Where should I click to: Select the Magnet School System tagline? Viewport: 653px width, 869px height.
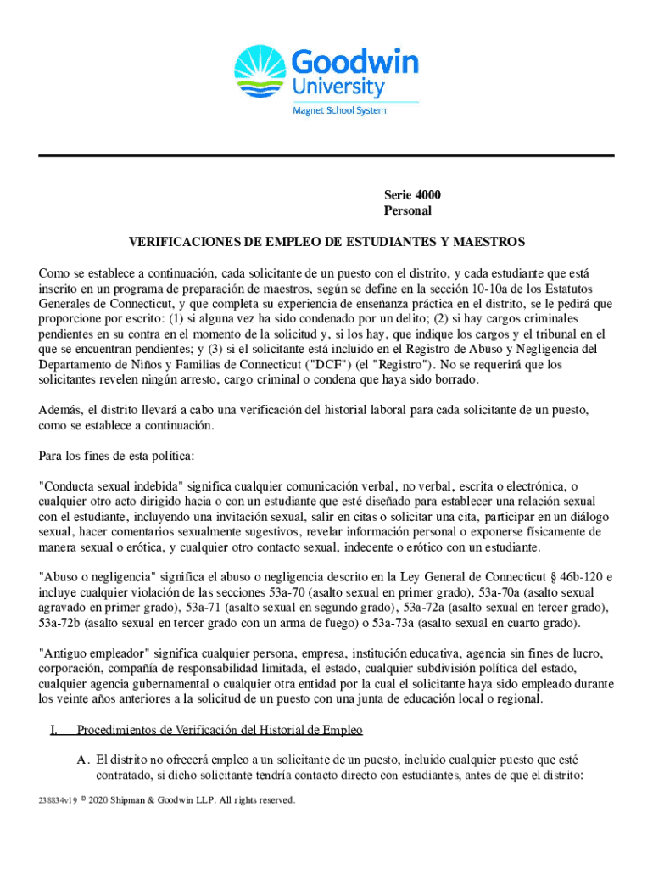[x=339, y=110]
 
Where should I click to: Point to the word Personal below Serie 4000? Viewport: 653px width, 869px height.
[x=408, y=210]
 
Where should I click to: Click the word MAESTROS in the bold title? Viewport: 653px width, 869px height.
[x=493, y=242]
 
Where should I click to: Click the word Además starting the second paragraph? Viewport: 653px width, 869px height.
[x=59, y=410]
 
